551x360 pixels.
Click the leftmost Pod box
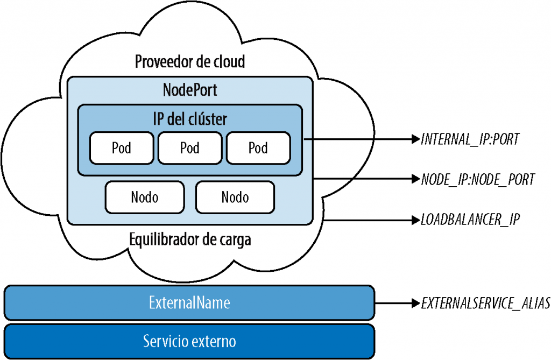[x=121, y=147]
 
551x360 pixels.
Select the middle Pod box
[x=189, y=147]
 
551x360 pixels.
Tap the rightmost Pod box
[x=258, y=147]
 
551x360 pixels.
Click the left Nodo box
[x=144, y=197]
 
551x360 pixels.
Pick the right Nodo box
[x=235, y=197]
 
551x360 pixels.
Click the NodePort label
[x=190, y=90]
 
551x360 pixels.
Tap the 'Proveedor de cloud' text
[x=189, y=61]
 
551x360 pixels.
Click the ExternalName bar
[x=189, y=303]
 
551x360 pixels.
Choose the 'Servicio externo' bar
[x=189, y=341]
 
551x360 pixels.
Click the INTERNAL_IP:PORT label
[x=470, y=140]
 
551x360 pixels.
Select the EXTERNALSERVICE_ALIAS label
[x=485, y=303]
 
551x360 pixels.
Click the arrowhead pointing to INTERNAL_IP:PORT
[x=415, y=140]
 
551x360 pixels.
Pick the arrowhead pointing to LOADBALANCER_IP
[x=415, y=220]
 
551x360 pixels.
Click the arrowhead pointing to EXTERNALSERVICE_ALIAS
[x=415, y=303]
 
